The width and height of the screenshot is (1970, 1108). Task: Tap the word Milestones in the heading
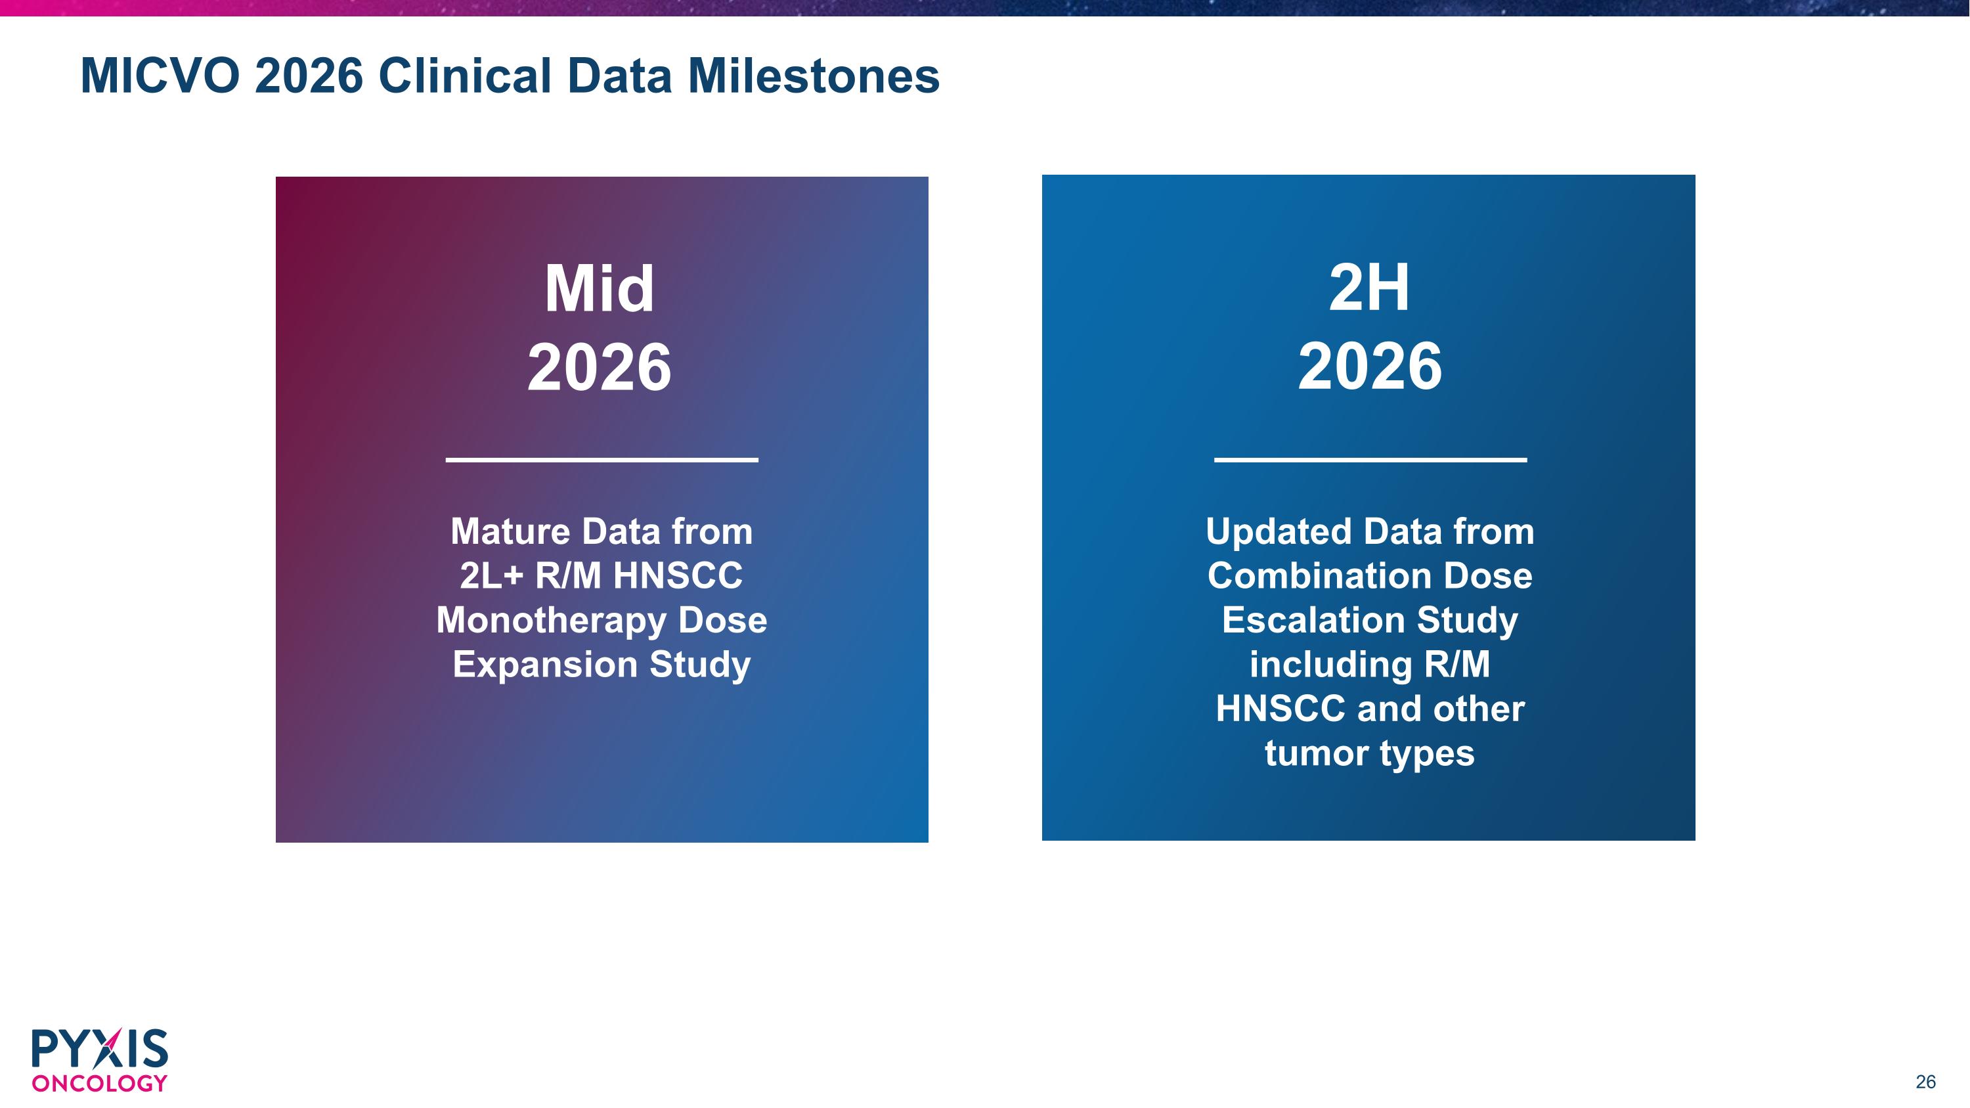pos(814,76)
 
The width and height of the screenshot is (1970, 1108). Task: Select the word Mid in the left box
pos(600,288)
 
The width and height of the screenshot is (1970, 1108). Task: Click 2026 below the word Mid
pos(600,367)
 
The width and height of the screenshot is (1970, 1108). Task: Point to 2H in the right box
pos(1369,288)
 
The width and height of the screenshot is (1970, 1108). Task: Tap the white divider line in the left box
pos(602,460)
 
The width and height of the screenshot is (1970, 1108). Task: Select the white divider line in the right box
pos(1370,460)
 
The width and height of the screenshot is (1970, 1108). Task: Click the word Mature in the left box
pos(510,531)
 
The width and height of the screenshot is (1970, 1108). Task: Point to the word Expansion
pos(544,665)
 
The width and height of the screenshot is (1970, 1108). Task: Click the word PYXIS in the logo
pos(99,1048)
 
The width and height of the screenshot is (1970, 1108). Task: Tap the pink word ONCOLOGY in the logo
pos(99,1084)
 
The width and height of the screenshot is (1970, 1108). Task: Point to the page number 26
pos(1925,1082)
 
